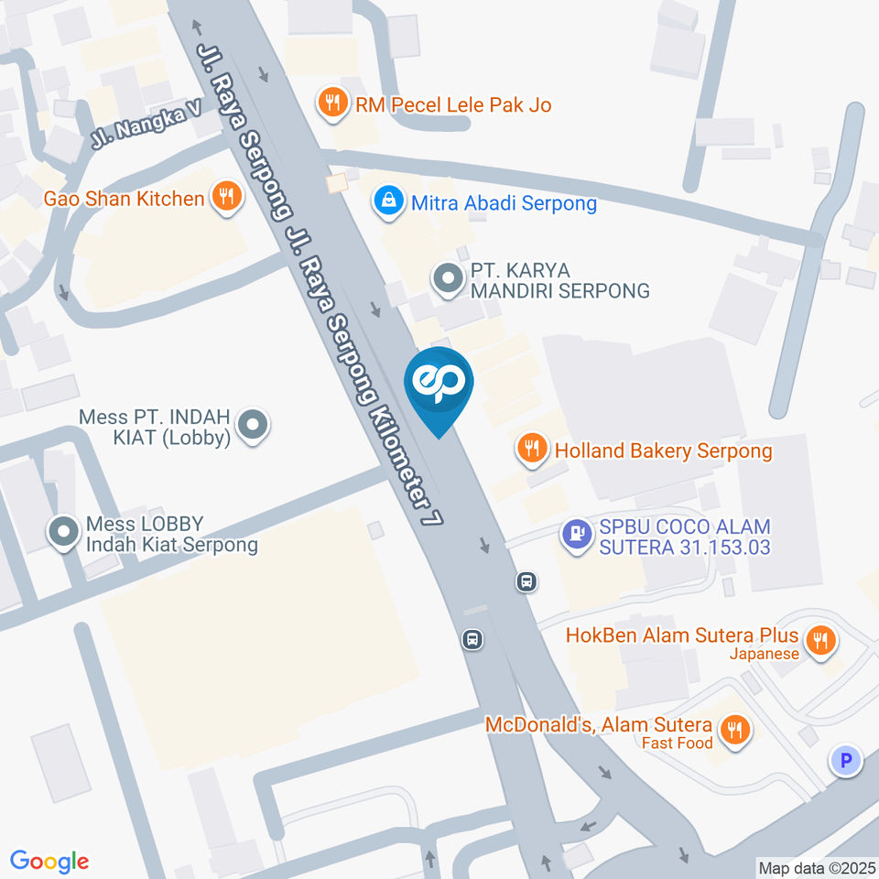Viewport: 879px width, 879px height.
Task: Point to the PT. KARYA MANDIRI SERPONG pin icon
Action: tap(448, 278)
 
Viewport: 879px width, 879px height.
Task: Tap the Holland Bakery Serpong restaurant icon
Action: tap(531, 448)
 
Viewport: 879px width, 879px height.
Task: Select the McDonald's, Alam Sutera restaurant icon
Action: tap(733, 729)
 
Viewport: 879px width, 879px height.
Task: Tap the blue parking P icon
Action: tap(846, 759)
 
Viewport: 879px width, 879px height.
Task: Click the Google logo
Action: tap(49, 861)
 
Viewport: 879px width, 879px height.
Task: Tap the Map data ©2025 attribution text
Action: tap(817, 867)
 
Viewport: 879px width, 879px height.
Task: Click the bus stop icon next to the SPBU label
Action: tap(526, 581)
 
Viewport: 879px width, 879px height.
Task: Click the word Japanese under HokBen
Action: tap(765, 654)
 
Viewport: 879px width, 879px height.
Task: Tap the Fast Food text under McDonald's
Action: tap(677, 743)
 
